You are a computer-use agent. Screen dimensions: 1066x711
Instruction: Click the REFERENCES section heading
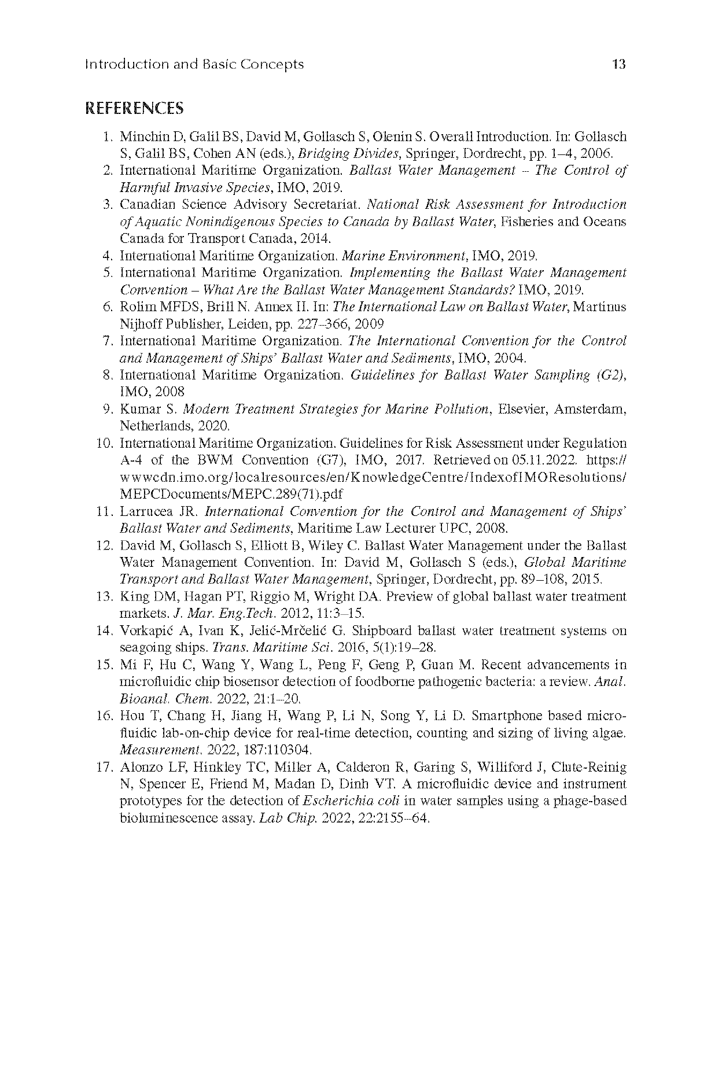(134, 108)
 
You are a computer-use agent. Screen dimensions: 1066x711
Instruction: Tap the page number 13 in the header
(618, 64)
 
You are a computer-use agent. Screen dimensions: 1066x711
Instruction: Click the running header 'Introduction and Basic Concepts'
(194, 64)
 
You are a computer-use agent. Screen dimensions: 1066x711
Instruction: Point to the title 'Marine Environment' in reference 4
(405, 256)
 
